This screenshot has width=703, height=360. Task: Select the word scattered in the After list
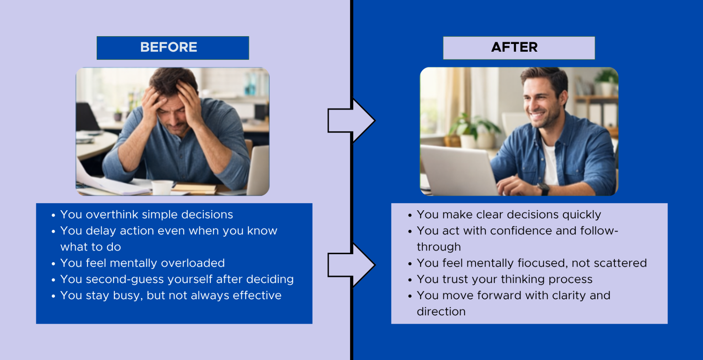[x=620, y=263]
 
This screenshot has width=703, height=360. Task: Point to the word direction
[x=441, y=312]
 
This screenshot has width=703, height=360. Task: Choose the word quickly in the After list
[x=582, y=215]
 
